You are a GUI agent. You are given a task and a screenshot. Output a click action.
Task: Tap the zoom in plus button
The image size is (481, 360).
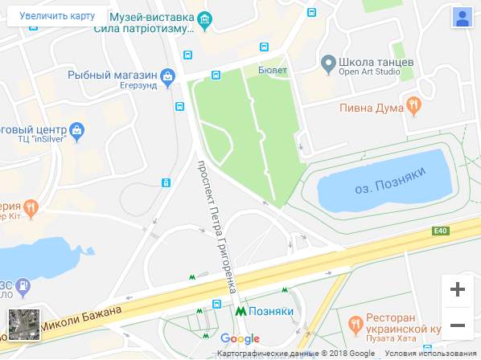pos(458,289)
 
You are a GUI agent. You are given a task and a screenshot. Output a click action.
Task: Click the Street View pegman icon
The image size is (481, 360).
pos(462,18)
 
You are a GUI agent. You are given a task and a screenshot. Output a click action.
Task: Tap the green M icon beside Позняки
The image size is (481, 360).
pos(240,310)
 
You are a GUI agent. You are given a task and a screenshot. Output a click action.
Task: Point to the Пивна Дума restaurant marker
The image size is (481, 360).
pos(413,104)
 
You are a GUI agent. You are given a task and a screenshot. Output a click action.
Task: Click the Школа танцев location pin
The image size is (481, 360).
pos(328,63)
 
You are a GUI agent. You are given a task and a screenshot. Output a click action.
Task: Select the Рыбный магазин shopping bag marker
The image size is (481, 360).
pos(167,77)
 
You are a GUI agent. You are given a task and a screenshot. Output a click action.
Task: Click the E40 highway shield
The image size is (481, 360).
pos(438,232)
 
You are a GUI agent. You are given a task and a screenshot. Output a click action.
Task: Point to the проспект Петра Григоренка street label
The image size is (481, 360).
pos(218,225)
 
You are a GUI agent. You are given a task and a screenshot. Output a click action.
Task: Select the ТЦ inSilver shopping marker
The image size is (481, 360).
pos(77,129)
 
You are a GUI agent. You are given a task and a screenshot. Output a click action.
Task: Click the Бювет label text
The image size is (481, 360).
pos(273,70)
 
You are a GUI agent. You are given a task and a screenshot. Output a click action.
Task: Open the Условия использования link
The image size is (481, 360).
pos(430,354)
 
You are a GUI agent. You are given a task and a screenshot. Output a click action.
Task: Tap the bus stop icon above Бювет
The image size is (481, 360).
pos(263,48)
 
